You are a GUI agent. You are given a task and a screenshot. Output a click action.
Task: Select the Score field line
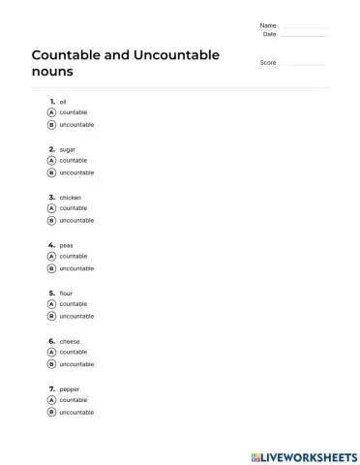(x=302, y=64)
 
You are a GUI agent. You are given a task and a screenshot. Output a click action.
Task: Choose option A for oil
(x=51, y=112)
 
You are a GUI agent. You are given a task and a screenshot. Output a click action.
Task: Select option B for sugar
(x=51, y=172)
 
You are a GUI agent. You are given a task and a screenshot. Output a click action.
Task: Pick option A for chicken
(x=51, y=208)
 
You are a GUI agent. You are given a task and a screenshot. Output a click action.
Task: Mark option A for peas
(x=51, y=256)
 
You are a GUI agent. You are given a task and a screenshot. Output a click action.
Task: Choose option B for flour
(x=51, y=316)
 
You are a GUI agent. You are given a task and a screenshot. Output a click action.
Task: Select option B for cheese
(x=51, y=364)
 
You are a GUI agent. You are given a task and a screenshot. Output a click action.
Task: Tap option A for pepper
(x=51, y=400)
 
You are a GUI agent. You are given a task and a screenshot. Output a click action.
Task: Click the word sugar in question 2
(x=68, y=149)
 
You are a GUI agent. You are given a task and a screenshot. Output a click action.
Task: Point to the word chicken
(x=71, y=197)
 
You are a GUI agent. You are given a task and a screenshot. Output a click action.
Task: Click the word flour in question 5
(x=66, y=293)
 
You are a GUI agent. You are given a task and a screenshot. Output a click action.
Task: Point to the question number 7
(x=50, y=388)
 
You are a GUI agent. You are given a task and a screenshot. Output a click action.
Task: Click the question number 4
(x=50, y=245)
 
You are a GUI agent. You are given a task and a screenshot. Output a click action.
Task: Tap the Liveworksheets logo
(x=303, y=454)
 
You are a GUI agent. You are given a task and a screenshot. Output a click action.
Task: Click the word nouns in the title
(x=52, y=73)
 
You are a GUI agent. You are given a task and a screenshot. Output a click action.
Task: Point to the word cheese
(x=70, y=341)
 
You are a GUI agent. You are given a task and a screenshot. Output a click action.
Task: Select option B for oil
(x=51, y=125)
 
